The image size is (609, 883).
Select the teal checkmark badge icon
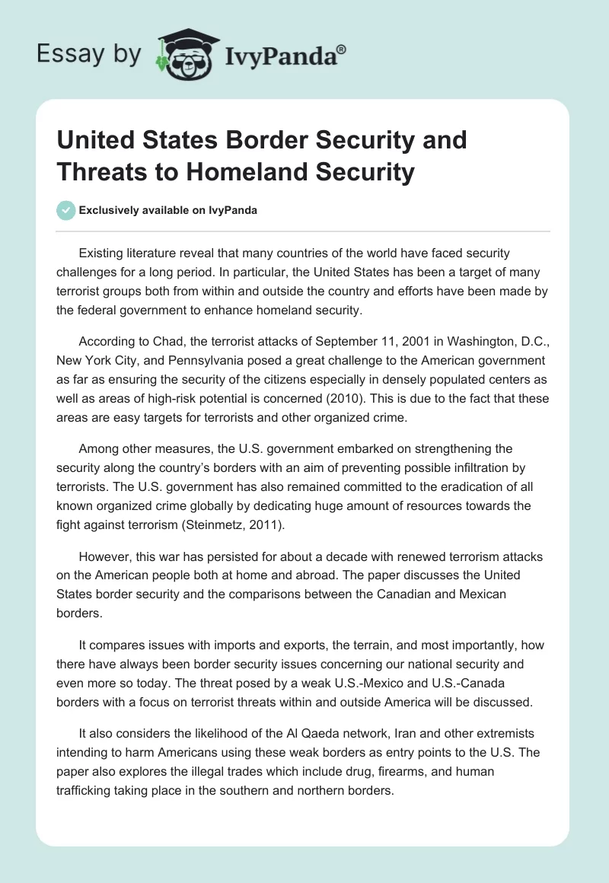[x=66, y=210]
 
